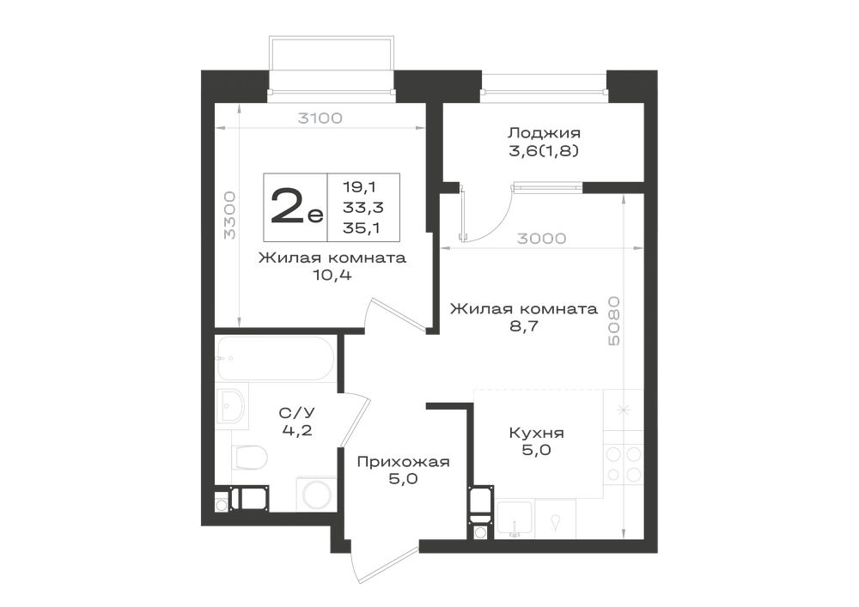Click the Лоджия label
[544, 133]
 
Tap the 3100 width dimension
[320, 118]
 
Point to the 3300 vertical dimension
[230, 215]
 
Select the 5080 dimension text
[614, 321]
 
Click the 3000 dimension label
[542, 239]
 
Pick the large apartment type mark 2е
[296, 206]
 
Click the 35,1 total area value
[362, 228]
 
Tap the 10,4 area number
[332, 275]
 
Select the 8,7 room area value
[524, 327]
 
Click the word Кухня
[536, 433]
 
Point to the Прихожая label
[403, 462]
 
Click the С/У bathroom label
[297, 413]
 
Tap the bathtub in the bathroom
[275, 359]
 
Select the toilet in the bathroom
[249, 457]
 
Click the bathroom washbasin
[232, 405]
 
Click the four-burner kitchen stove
[624, 464]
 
